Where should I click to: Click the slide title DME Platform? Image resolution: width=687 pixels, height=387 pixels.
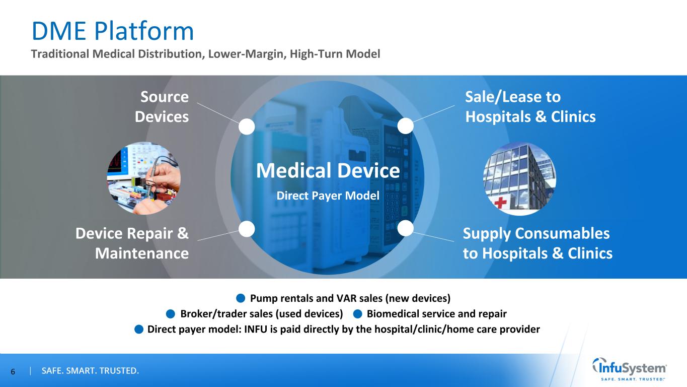113,31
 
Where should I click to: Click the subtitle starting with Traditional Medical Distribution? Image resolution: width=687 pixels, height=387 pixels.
205,54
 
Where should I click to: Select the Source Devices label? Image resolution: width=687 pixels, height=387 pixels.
162,107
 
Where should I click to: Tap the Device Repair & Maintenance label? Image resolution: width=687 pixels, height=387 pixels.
132,243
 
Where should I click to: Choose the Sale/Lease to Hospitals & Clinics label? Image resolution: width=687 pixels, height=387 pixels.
530,107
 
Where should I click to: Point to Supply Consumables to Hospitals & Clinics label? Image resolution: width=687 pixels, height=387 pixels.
538,243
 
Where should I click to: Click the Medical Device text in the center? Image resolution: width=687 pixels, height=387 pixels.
328,171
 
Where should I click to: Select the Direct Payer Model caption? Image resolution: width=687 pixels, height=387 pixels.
328,196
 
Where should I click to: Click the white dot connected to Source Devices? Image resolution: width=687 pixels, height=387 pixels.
247,126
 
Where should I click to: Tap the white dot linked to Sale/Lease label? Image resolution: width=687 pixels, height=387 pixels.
406,126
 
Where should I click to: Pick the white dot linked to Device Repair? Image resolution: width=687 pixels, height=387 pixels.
247,229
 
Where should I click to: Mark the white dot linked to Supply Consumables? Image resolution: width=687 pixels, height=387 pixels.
406,228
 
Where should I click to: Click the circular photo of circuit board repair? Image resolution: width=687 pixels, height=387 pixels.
144,178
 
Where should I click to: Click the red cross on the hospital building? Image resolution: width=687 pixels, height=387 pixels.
500,203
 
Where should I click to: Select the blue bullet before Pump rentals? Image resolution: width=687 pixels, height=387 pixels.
241,298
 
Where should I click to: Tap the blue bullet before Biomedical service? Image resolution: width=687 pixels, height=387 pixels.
358,314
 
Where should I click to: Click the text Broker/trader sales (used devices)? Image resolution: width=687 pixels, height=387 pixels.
262,314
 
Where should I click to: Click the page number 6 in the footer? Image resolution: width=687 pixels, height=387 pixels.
13,372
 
